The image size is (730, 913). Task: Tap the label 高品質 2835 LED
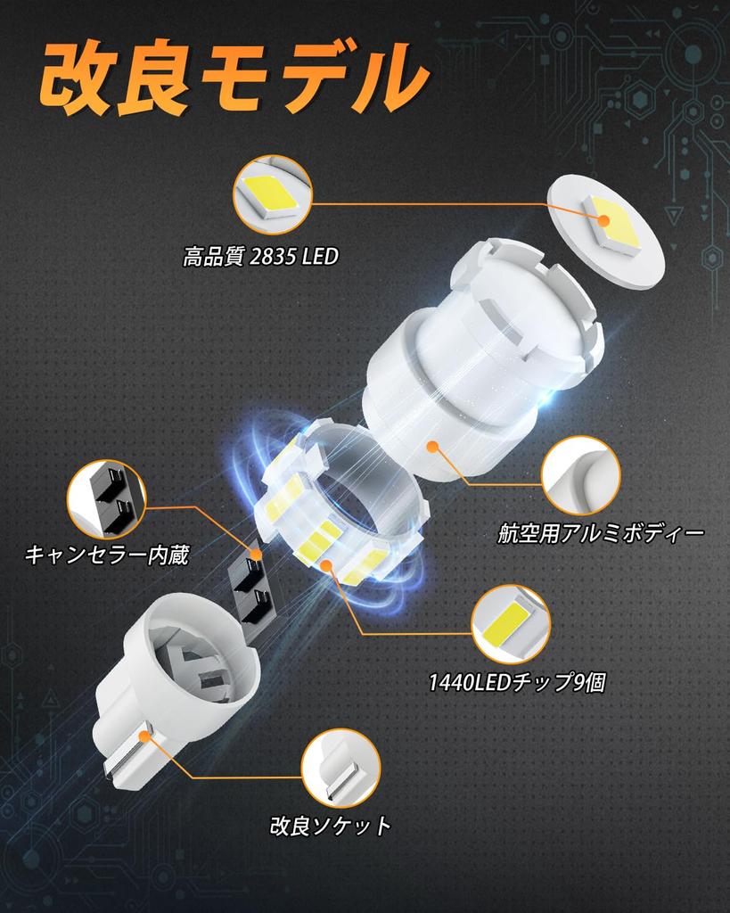[x=260, y=258]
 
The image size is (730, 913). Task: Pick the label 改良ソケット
[x=330, y=826]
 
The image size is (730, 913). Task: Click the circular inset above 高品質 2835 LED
[x=272, y=194]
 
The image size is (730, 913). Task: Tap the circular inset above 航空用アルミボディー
[x=580, y=475]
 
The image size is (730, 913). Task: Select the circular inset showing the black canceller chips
[x=106, y=499]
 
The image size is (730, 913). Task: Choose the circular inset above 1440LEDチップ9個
[x=511, y=624]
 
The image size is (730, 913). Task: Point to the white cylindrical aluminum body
[x=481, y=366]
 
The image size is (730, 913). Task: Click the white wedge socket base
[x=178, y=678]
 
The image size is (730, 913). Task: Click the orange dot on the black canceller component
[x=257, y=555]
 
